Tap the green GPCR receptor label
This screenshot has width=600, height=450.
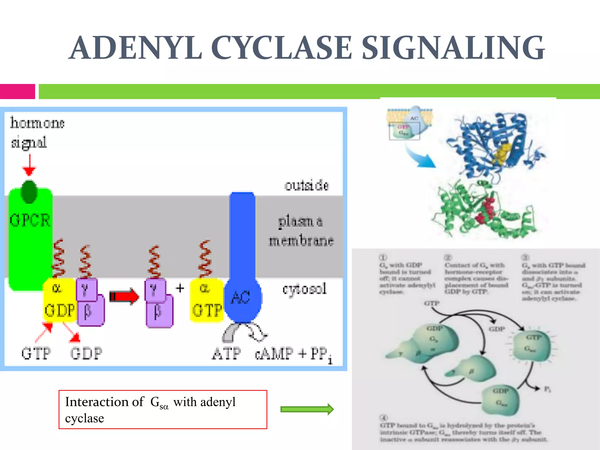(30, 220)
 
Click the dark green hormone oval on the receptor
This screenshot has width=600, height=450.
(29, 192)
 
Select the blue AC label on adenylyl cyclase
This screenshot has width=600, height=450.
(240, 298)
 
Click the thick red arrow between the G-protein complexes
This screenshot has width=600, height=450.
(124, 296)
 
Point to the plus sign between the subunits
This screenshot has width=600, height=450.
(180, 288)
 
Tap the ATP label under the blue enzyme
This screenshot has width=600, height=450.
(226, 354)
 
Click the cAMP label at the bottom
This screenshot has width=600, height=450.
(274, 354)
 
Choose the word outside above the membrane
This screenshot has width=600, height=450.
(306, 185)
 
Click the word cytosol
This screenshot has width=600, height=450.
(304, 289)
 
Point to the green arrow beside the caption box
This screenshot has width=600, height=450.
(307, 409)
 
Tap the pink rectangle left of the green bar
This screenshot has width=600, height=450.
(18, 91)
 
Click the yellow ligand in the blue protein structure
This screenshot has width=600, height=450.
(503, 152)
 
